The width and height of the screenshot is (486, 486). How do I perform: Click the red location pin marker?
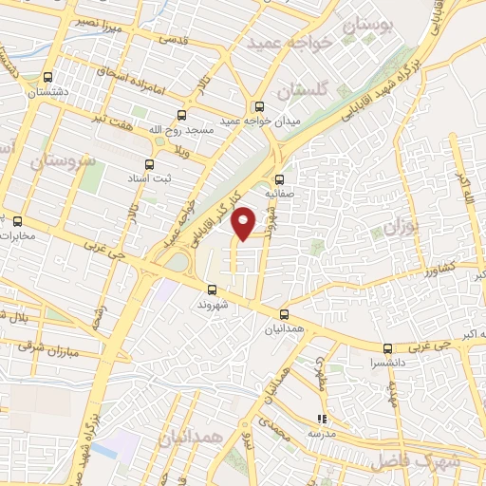(245, 222)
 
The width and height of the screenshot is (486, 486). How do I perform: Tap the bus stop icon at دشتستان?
(47, 78)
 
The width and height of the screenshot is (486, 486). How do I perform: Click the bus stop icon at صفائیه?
(279, 178)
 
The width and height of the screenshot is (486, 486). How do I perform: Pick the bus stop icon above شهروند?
(211, 290)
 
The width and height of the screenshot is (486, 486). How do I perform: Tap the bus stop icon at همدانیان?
(285, 313)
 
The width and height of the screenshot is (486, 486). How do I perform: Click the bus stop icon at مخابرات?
(17, 221)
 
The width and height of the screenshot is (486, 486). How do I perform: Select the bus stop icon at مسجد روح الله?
(159, 140)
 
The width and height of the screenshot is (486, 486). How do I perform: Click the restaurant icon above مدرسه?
(322, 417)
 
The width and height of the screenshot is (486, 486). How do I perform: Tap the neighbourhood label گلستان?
(302, 91)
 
